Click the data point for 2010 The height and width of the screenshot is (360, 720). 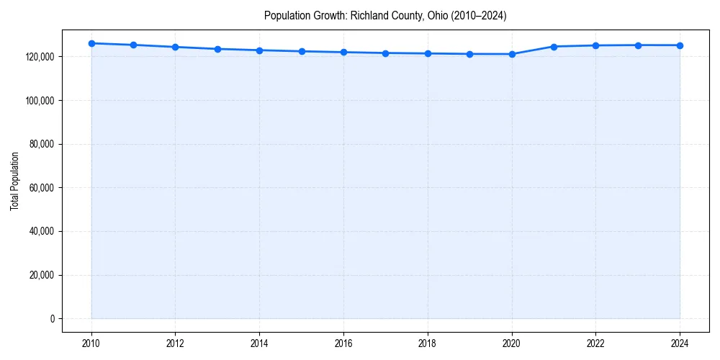pos(91,43)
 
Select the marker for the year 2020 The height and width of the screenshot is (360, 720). pos(512,54)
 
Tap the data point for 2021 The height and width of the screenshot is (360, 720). pos(554,47)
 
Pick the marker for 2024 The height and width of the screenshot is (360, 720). pos(680,45)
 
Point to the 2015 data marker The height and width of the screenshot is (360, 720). pos(302,51)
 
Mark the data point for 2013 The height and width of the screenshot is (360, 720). pos(217,49)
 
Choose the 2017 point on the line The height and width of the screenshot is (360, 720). pos(386,53)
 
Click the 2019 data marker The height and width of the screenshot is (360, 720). pos(469,54)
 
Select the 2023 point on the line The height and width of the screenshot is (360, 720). pos(638,45)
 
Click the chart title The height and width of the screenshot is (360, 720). pos(385,16)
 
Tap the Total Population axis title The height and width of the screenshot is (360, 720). pos(14,181)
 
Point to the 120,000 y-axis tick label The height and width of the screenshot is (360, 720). pos(40,57)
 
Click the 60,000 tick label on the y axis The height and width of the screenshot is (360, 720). pos(42,188)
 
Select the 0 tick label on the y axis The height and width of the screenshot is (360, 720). pos(53,319)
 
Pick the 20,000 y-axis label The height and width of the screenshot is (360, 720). pos(42,275)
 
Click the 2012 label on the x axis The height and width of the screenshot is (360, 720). pos(176,343)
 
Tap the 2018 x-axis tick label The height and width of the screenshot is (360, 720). pos(428,343)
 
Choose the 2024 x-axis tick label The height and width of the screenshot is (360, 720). pos(680,343)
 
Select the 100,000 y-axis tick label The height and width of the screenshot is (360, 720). pos(40,101)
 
